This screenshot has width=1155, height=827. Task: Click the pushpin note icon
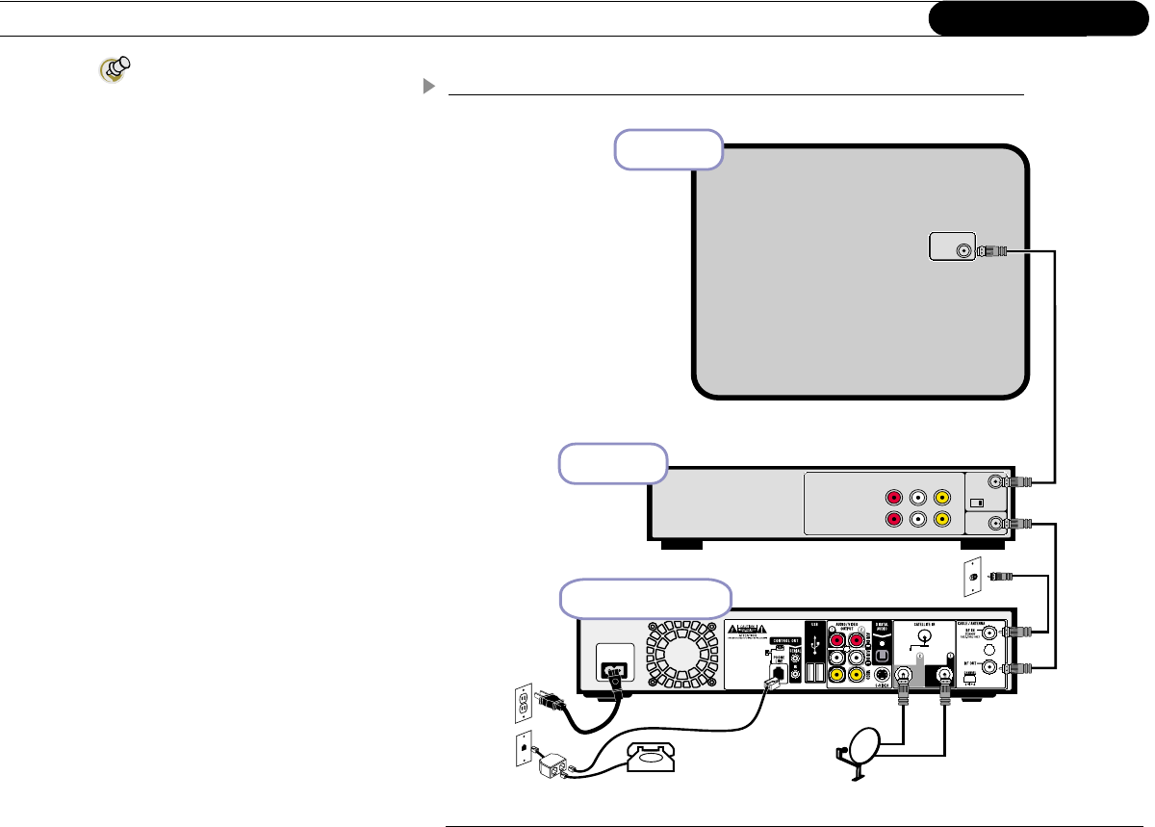[x=115, y=70]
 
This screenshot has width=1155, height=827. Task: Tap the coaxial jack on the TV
[x=963, y=251]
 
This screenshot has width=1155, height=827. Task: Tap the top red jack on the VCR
[x=894, y=499]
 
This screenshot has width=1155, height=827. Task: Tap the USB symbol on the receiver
[x=816, y=638]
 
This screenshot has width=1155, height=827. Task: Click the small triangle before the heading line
[x=428, y=86]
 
